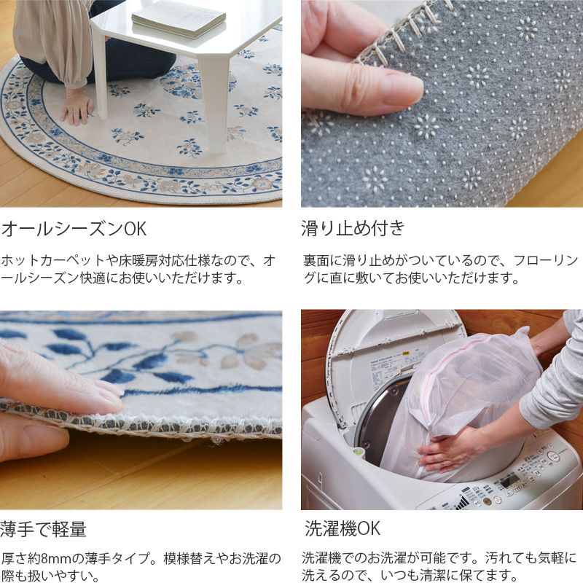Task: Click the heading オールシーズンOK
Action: (x=74, y=229)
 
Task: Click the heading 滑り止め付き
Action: (x=353, y=228)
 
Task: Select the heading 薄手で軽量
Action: (x=43, y=529)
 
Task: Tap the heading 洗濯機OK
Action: (x=342, y=528)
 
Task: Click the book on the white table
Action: (x=179, y=20)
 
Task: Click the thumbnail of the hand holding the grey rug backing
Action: (x=442, y=103)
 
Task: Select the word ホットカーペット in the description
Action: (x=53, y=260)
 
